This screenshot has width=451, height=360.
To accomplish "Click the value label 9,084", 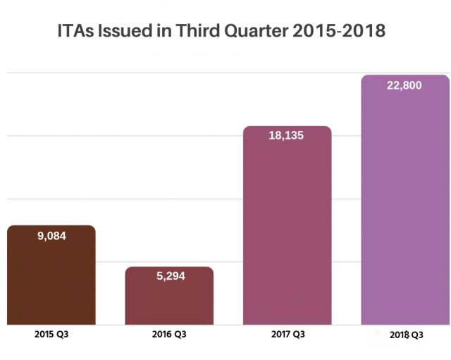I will tap(51, 236).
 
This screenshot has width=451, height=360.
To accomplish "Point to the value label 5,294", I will tap(170, 276).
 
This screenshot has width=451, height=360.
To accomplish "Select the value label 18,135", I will tap(286, 135).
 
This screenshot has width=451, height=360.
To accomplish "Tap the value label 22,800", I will tap(404, 85).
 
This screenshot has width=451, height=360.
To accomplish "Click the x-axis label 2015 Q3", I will tap(51, 335).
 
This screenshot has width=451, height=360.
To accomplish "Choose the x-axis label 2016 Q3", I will tap(169, 335).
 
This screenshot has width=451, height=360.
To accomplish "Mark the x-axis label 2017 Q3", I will tap(287, 335).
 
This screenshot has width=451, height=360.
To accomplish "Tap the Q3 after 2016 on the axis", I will tap(181, 335).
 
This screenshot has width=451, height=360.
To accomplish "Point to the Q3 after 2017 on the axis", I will tap(299, 335).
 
